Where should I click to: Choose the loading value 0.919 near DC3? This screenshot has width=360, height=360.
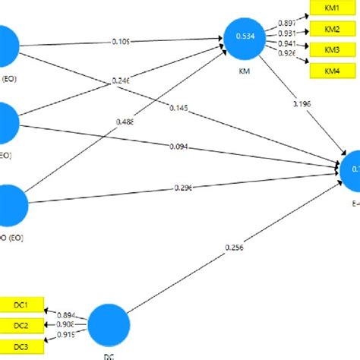(66, 335)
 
